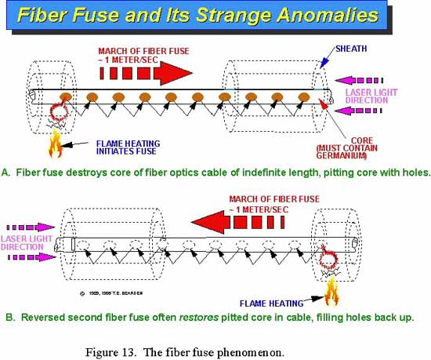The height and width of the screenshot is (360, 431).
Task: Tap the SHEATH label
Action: pos(351,49)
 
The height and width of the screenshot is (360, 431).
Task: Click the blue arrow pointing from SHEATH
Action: pos(328,58)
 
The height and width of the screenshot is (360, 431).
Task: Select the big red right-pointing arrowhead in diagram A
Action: pos(173,73)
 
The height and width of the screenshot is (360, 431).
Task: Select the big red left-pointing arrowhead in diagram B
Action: pos(210,222)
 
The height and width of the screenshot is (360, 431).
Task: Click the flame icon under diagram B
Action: pos(331,292)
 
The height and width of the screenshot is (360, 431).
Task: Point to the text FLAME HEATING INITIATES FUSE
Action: pos(128,147)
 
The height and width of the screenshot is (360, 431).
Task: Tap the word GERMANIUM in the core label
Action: pos(341,155)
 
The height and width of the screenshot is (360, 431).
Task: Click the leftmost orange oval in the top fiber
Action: pos(66,96)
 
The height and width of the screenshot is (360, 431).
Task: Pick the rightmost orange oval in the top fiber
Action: pos(304,96)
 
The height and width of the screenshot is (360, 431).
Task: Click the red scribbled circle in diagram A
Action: pos(59,112)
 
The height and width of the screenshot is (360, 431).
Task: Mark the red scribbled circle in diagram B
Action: pos(329,259)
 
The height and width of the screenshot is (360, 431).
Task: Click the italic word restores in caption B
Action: pos(199,318)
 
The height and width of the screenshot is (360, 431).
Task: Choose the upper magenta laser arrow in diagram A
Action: pos(359,81)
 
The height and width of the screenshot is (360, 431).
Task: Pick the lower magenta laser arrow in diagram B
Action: pos(32,257)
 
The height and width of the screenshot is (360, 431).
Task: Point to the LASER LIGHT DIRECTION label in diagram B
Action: pos(27,242)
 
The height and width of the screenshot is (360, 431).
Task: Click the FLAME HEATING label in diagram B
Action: pos(271,304)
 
